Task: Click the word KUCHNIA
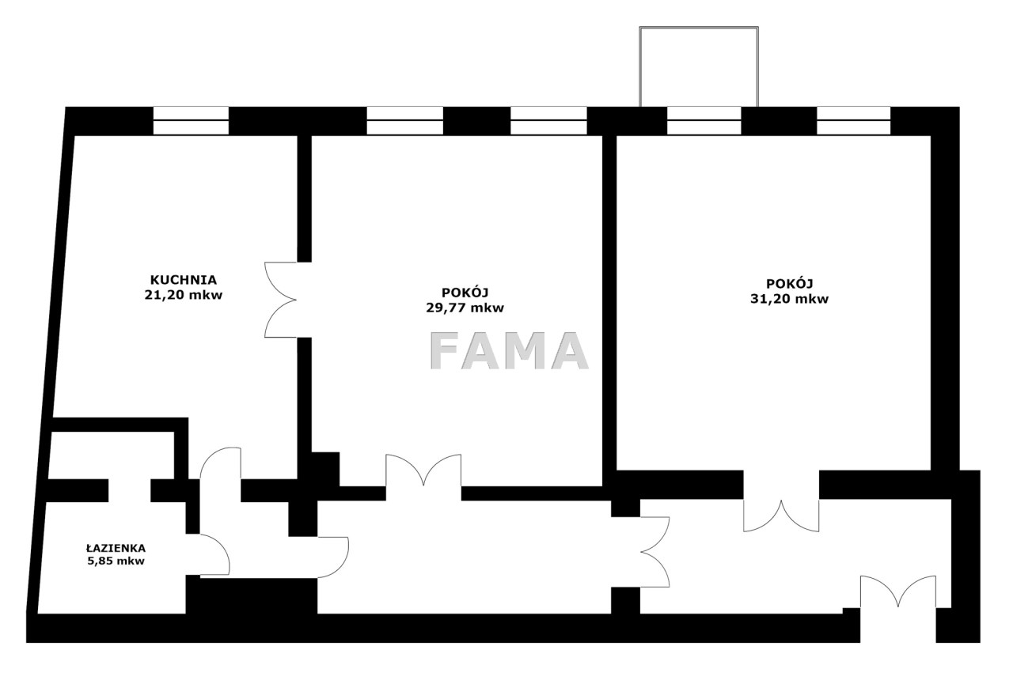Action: pos(183,280)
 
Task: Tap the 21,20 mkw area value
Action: pos(183,295)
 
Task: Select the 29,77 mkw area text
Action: pos(465,308)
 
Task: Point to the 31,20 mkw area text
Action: pos(789,299)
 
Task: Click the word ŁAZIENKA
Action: pos(116,548)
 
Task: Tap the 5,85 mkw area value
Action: pos(116,561)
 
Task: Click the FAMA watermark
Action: pos(509,351)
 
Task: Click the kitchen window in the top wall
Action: pos(191,121)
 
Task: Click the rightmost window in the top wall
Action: pos(853,121)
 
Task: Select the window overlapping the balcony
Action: pos(704,121)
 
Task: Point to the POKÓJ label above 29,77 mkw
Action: pos(465,293)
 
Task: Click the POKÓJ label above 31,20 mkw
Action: pos(789,283)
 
